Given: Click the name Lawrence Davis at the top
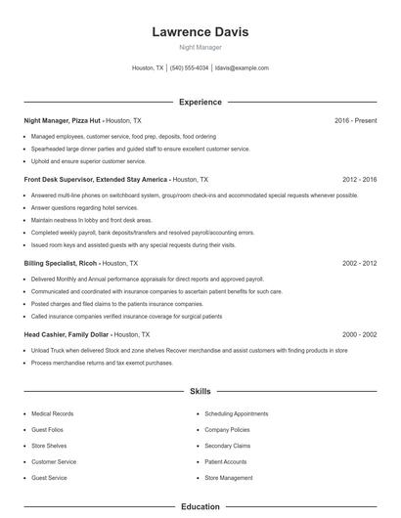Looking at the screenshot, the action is point(200,32).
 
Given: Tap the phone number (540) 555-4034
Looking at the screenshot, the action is point(189,68).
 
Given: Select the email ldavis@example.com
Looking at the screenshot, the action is point(242,68).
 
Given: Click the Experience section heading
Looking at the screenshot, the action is point(200,102).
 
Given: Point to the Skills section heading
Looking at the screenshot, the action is point(200,391).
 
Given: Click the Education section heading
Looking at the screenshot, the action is point(200,507).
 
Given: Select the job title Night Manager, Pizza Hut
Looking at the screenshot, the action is point(64,120).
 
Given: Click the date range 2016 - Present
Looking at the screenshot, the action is point(355,120).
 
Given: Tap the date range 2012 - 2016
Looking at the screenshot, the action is point(360,180).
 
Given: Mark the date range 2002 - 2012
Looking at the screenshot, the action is point(360,263).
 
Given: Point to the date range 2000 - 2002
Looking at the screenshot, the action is point(360,334).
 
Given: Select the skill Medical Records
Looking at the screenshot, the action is point(53,413).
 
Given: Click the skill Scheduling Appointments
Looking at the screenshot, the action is point(237,413).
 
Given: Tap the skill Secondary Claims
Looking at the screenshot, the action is point(228,446).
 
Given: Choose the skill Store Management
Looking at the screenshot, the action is point(229,478).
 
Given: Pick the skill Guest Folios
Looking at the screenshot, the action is point(48,430).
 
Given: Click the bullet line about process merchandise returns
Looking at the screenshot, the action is point(102,363).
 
